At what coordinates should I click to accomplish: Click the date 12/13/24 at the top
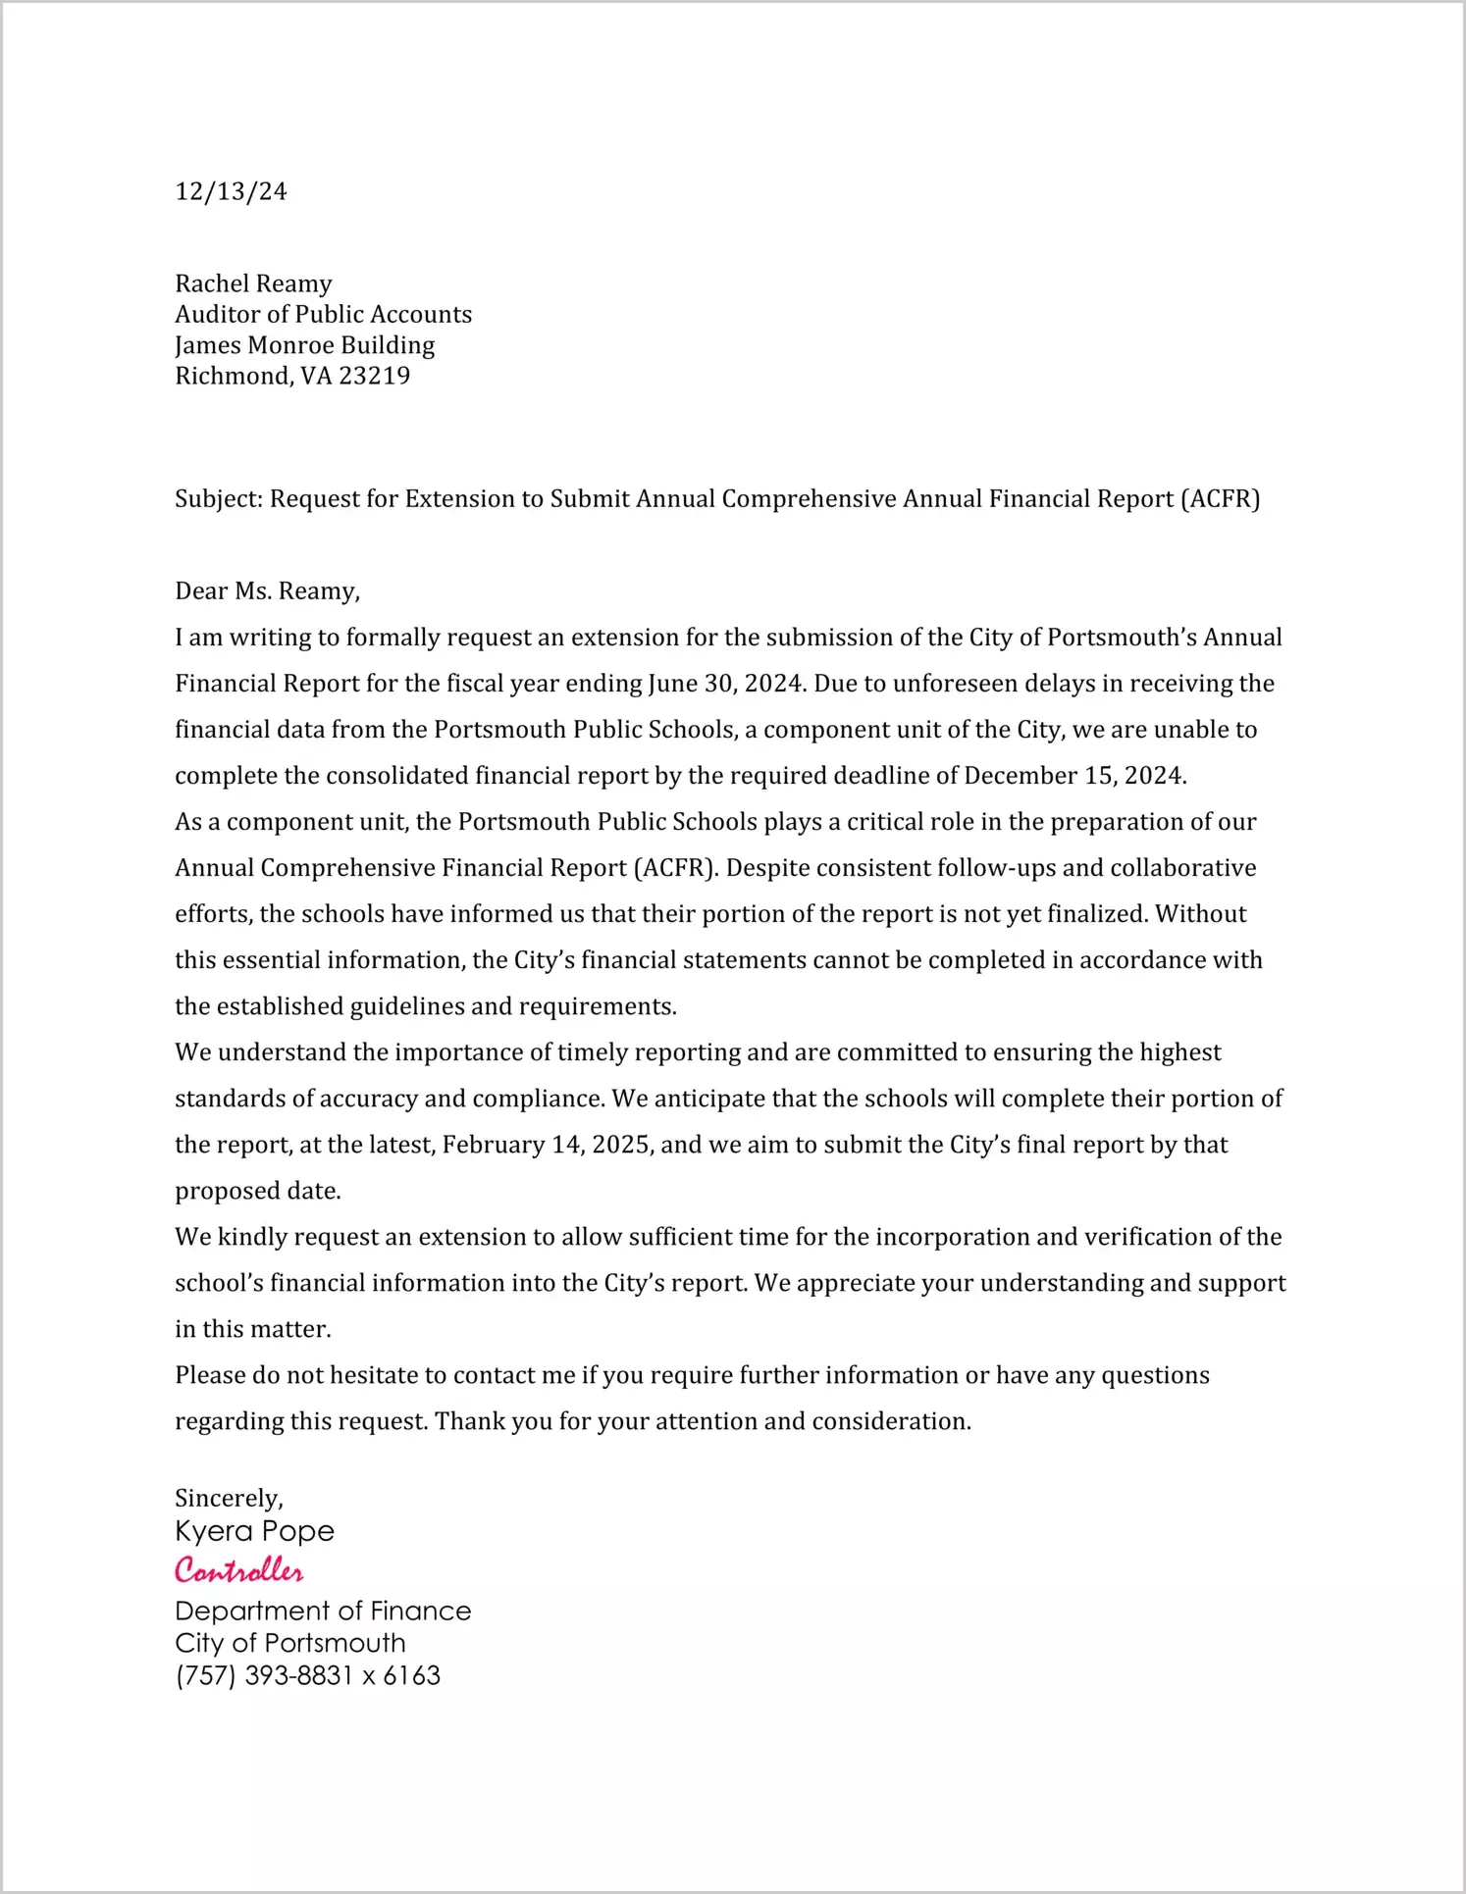[231, 191]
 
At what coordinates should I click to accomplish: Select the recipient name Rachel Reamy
[253, 283]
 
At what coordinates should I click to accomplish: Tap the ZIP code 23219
[374, 376]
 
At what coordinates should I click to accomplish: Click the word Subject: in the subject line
[219, 499]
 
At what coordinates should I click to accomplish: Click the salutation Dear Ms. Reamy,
[267, 590]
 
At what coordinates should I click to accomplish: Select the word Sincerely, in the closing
[229, 1498]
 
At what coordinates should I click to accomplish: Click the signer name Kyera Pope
[254, 1531]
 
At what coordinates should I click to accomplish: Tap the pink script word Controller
[238, 1570]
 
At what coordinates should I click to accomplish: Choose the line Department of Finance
[323, 1611]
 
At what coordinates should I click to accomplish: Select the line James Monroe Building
[304, 345]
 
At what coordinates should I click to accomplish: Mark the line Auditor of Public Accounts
[323, 314]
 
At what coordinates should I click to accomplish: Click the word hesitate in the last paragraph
[374, 1375]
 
